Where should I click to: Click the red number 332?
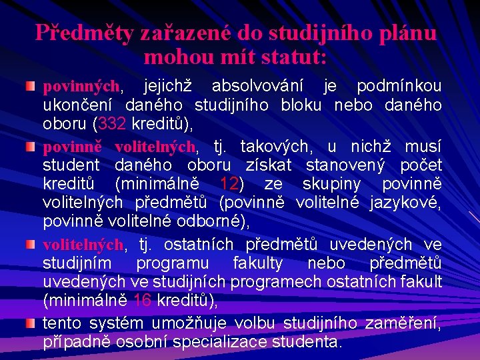111,124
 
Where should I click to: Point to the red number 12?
229,183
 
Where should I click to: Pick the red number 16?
142,300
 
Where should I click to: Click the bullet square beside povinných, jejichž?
30,87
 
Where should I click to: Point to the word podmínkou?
399,87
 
